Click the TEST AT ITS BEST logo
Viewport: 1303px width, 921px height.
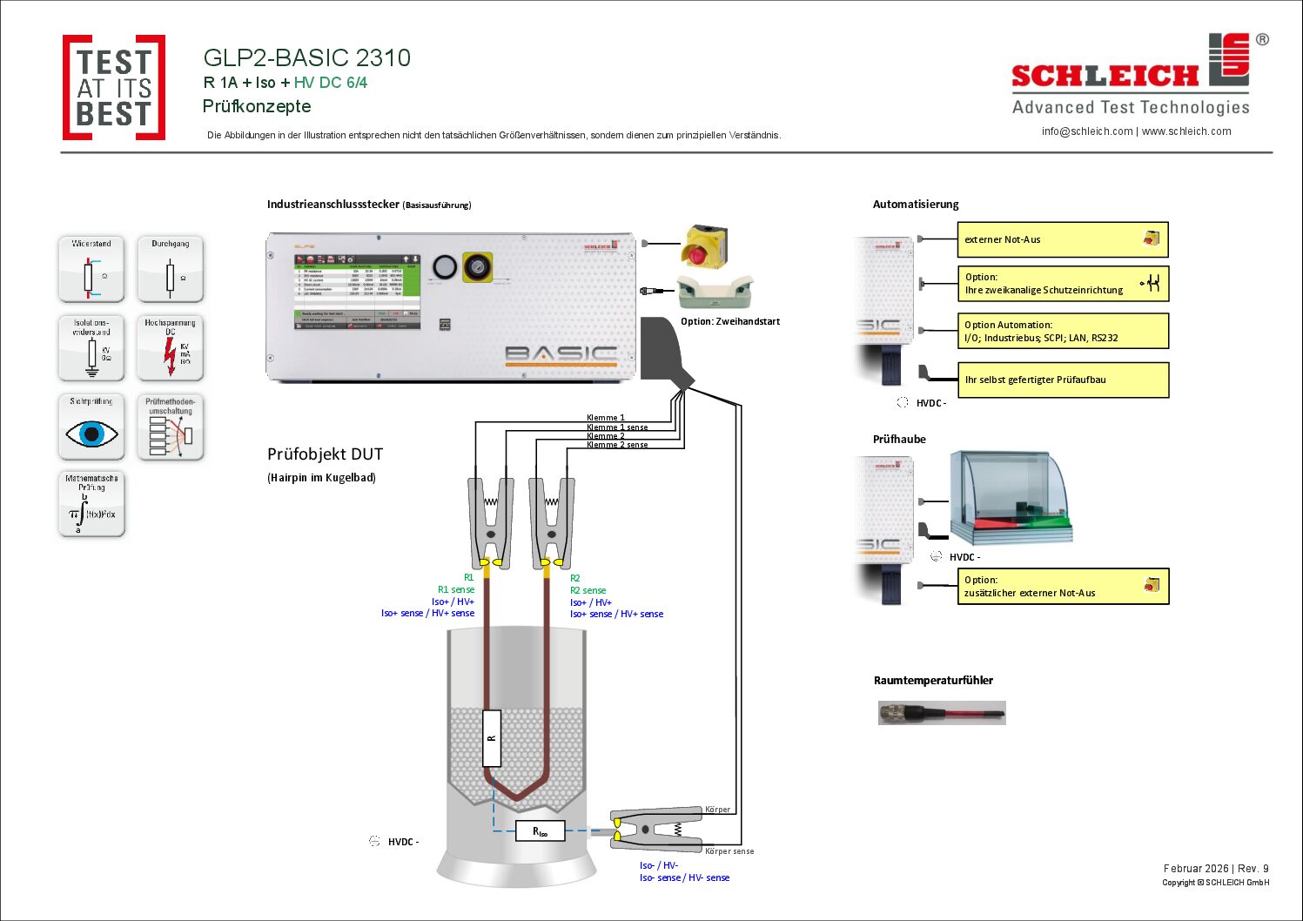click(114, 87)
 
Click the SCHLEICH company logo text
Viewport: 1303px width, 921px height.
click(1105, 77)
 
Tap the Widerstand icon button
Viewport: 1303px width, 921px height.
click(91, 269)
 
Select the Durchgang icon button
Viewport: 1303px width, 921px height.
click(170, 269)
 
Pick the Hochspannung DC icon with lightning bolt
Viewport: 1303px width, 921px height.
click(170, 348)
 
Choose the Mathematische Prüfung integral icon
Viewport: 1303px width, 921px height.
click(91, 504)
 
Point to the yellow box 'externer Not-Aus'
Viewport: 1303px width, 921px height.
click(1062, 239)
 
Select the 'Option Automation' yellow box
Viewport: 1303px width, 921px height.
click(1062, 331)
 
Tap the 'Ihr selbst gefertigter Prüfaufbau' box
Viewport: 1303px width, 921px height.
click(1062, 380)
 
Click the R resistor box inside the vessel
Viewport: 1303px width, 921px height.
click(492, 737)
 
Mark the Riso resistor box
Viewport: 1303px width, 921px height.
click(541, 831)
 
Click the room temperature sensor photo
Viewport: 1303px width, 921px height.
click(942, 713)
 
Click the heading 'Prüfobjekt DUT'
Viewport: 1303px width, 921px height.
click(325, 454)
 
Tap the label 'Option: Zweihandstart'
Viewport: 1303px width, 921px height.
click(729, 321)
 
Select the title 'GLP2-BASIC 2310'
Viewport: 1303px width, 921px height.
click(306, 58)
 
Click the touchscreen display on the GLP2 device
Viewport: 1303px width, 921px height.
click(357, 291)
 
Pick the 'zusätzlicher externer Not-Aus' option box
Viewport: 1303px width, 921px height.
click(1062, 586)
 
